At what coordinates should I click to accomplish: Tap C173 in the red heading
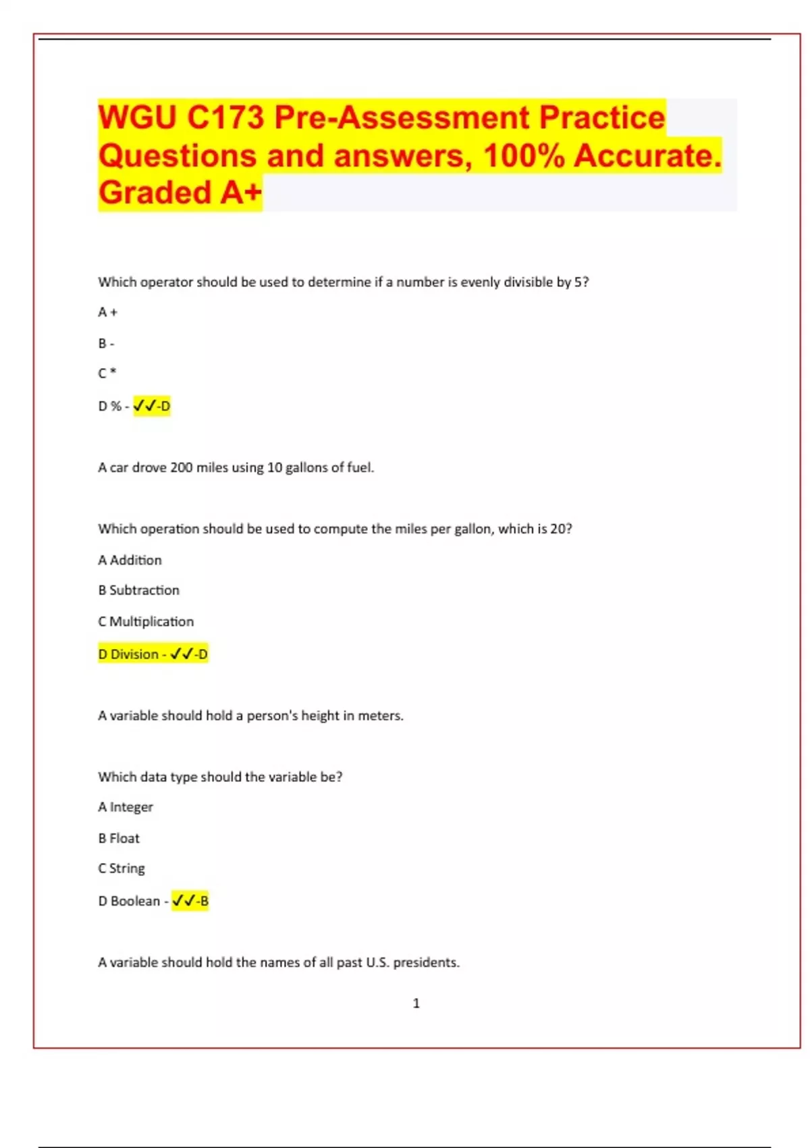pos(225,118)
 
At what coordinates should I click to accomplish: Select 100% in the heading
pos(524,156)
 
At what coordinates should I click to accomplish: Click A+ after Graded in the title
pos(241,193)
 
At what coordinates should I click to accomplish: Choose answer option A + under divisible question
pos(107,313)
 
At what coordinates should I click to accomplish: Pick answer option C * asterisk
pos(107,373)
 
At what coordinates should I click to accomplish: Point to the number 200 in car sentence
pos(181,467)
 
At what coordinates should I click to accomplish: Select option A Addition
pos(130,560)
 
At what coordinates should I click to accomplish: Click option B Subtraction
pos(138,590)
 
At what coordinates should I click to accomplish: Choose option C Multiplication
pos(146,621)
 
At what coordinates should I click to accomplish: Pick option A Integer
pos(126,807)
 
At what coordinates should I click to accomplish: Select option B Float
pos(119,838)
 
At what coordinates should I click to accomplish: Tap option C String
pos(122,868)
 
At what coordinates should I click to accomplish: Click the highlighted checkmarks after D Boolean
pos(183,901)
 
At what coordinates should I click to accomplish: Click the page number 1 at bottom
pos(416,1003)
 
